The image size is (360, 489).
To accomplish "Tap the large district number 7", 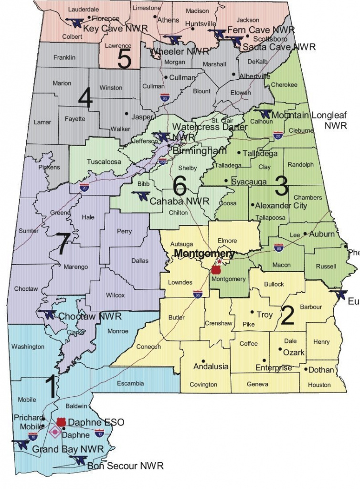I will tap(62, 245).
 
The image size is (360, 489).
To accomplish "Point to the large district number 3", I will tap(281, 188).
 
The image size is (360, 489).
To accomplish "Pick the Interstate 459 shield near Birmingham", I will tap(163, 160).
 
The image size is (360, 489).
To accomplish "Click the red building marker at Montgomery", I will tap(215, 269).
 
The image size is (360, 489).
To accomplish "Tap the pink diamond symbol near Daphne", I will tap(55, 433).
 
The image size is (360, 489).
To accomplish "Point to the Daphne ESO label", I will tap(96, 423).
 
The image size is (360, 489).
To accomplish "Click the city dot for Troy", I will tap(252, 313).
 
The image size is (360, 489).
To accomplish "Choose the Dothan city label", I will tap(321, 370).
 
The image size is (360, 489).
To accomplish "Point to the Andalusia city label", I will tap(211, 367).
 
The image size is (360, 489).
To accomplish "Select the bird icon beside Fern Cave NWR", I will tap(218, 33).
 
